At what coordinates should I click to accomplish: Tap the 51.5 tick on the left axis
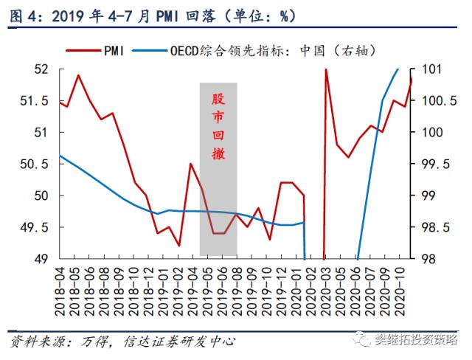(x=34, y=101)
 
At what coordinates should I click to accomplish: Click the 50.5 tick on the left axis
(x=34, y=164)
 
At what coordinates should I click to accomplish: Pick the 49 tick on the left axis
(x=38, y=259)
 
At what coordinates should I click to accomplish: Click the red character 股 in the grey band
(x=218, y=99)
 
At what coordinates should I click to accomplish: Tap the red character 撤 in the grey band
(x=218, y=154)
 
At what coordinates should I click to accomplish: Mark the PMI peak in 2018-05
(x=78, y=75)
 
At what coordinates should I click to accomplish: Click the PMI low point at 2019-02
(x=179, y=246)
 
